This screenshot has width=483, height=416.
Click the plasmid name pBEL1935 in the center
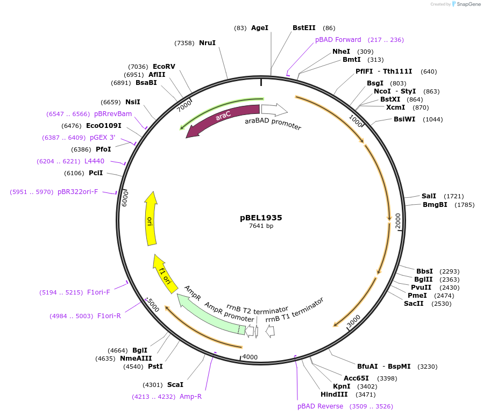click(x=261, y=218)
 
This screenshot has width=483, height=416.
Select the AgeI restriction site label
click(x=259, y=27)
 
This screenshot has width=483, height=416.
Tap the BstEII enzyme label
click(x=305, y=27)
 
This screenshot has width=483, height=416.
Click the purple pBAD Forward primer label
click(x=338, y=39)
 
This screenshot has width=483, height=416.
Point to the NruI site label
click(x=207, y=42)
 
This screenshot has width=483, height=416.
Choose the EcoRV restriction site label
click(x=164, y=67)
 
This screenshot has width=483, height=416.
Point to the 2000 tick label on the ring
click(x=398, y=221)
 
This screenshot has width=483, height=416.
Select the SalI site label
click(x=429, y=196)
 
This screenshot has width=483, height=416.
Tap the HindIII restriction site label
click(x=333, y=395)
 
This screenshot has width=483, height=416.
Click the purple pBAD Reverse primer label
click(x=320, y=406)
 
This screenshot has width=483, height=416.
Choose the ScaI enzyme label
click(x=175, y=384)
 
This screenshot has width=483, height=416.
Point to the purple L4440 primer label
click(x=94, y=161)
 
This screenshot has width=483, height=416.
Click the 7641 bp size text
click(x=261, y=226)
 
